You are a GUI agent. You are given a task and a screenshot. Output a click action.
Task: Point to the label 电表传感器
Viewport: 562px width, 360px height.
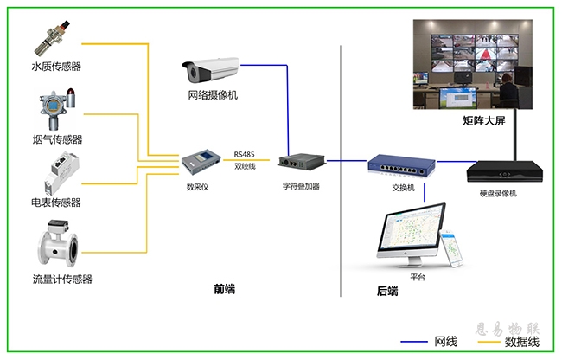[x=56, y=202]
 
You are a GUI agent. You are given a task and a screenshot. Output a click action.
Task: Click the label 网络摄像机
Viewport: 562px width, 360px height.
[x=212, y=95]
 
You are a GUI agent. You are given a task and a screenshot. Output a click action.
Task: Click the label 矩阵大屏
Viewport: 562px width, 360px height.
[x=484, y=122]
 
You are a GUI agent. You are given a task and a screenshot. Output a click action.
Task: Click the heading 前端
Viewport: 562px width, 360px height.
[x=225, y=288]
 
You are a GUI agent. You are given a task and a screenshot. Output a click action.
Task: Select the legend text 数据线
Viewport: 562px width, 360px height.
[x=522, y=343]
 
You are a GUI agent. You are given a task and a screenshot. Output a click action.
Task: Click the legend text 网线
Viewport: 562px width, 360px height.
[x=446, y=343]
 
